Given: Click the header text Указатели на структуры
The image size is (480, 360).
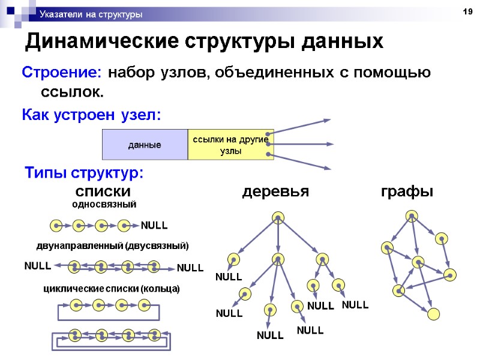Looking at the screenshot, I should point(91,14).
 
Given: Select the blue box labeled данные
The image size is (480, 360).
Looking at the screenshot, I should point(145,145).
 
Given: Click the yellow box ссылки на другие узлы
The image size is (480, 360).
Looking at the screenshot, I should point(230,145).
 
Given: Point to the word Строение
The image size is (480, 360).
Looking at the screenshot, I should point(62,73).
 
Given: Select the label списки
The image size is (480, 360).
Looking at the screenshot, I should point(103,191).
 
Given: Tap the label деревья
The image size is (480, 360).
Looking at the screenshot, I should point(275,191).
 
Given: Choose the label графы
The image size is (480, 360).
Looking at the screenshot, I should point(407,191).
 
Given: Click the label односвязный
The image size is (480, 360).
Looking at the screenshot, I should point(104,204).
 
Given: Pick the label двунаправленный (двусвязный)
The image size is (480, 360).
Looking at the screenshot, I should point(112,245).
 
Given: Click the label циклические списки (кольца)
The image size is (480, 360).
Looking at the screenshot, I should point(112,289).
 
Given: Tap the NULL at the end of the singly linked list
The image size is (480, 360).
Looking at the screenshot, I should point(154,226).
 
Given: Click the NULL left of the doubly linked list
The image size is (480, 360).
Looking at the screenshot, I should point(37,265).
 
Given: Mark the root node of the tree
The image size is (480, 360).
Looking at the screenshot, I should point(277,217).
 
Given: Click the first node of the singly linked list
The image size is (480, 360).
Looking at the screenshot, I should point(55,226).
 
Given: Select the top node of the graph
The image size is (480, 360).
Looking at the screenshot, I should point(412,215).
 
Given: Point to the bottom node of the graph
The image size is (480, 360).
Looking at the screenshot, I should point(434,313).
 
